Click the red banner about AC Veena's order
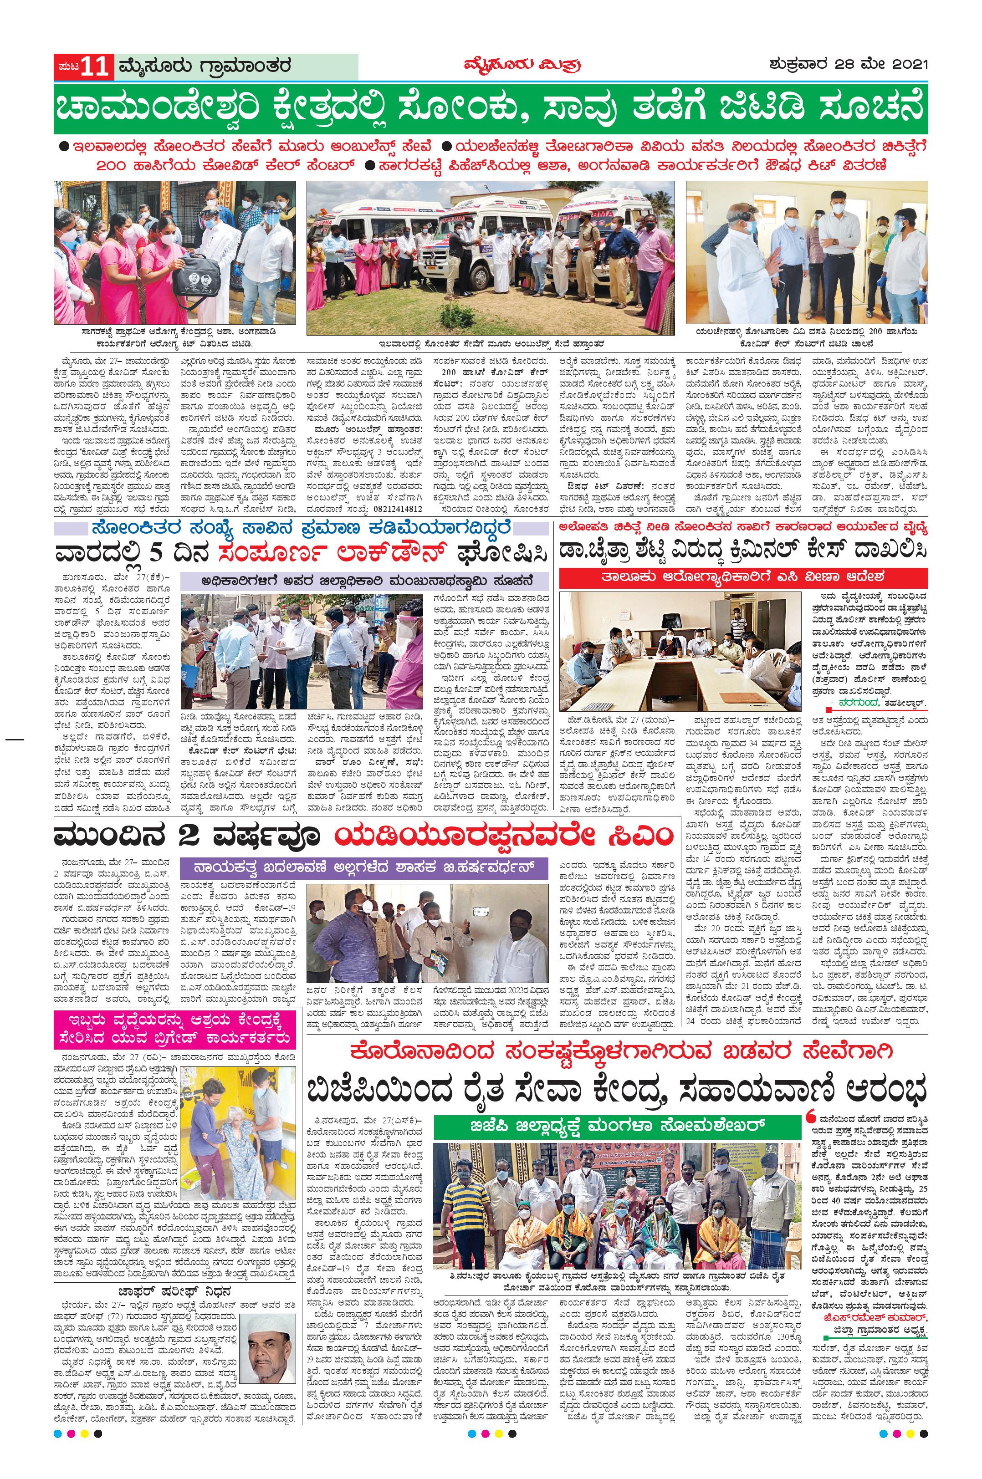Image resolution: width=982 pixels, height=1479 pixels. (x=743, y=575)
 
